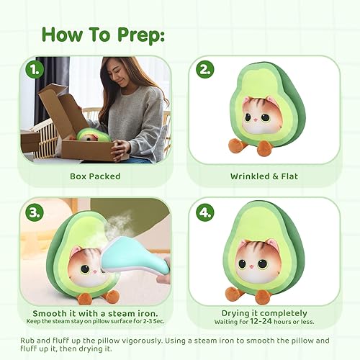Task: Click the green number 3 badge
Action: tap(33, 212)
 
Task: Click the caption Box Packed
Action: tap(95, 175)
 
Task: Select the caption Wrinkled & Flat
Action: tap(265, 175)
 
